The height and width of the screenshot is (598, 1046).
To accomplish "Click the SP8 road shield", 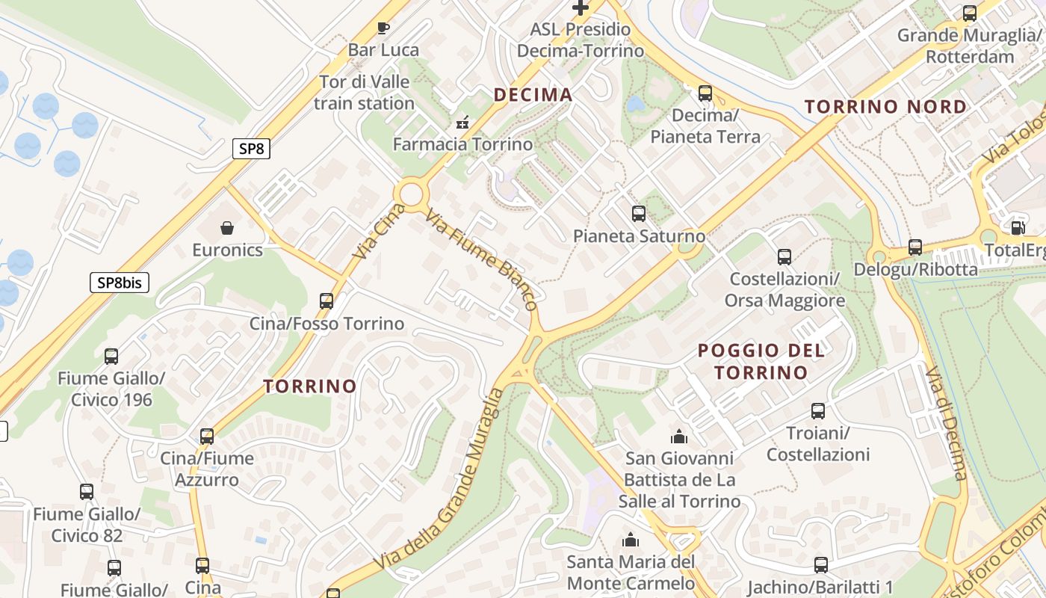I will tap(251, 149).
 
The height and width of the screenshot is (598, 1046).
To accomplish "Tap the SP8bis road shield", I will tap(120, 283).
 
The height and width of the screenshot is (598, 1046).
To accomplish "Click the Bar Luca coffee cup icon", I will tap(383, 28).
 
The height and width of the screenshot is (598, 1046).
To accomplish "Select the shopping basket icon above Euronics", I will tap(227, 227).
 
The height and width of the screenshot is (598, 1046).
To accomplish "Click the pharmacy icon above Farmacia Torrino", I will tap(462, 122).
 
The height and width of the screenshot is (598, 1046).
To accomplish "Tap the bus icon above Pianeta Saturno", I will tap(638, 214).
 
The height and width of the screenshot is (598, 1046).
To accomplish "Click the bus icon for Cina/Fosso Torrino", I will tap(327, 301).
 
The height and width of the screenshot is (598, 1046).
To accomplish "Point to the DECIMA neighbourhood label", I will tap(533, 95).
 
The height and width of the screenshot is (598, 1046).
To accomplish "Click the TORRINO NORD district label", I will tap(885, 107).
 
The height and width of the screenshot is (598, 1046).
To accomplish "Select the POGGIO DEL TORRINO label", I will tap(761, 361).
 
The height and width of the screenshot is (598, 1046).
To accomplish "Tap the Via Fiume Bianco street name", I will tap(482, 259).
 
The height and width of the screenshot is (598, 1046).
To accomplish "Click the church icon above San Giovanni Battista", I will tap(679, 436).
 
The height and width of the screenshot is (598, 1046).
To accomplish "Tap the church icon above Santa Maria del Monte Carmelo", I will tap(631, 539).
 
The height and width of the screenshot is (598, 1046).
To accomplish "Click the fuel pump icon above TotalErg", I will tap(1017, 228).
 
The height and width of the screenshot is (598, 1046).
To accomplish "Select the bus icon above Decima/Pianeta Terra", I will tap(705, 93).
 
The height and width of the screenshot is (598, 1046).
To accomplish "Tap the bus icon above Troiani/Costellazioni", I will tap(818, 410).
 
